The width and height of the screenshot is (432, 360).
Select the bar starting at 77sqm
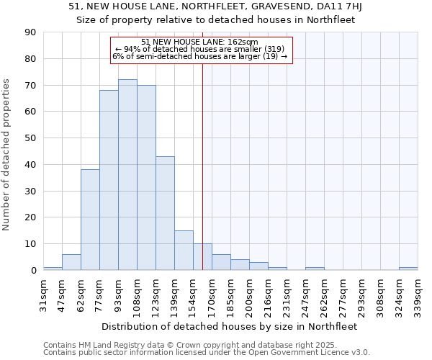(x=109, y=180)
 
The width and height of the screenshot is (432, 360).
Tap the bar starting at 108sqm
(x=146, y=177)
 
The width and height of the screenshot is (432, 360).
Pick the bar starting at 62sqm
(x=90, y=220)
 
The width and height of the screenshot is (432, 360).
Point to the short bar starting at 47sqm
(x=71, y=262)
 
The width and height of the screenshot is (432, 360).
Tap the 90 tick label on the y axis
(x=31, y=32)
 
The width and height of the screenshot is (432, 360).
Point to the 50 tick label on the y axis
(x=31, y=138)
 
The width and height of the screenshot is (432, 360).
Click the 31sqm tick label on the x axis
(x=44, y=292)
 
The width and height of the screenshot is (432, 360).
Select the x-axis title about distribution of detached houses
(x=229, y=326)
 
